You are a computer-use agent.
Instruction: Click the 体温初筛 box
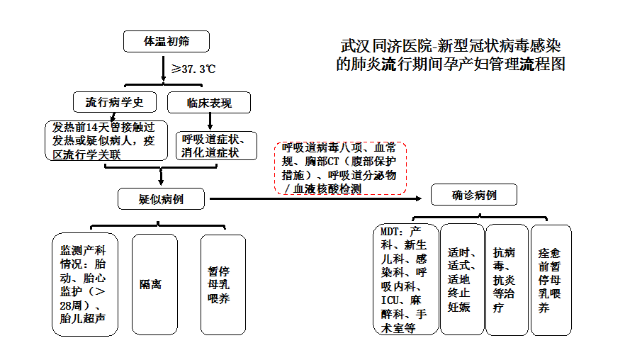click(x=167, y=42)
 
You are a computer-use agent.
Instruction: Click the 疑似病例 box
click(x=161, y=199)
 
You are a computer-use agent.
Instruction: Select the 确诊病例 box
click(x=474, y=194)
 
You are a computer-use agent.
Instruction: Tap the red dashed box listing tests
click(x=340, y=168)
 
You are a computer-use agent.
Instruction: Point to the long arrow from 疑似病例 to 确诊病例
click(x=319, y=199)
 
